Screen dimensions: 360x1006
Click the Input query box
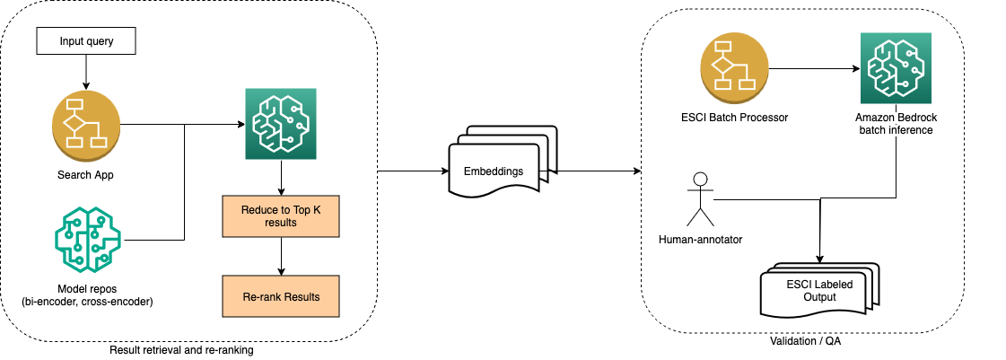click(85, 40)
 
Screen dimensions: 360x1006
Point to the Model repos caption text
click(86, 294)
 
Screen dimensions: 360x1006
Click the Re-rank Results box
click(281, 296)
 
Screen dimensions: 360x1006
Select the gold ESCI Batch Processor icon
click(735, 69)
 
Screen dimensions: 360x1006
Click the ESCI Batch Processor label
click(735, 118)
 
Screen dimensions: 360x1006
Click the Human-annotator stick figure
click(698, 198)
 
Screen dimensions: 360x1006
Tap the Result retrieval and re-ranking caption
click(180, 350)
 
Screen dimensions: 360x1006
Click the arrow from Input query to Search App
click(85, 70)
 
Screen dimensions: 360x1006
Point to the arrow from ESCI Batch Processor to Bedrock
click(812, 69)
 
